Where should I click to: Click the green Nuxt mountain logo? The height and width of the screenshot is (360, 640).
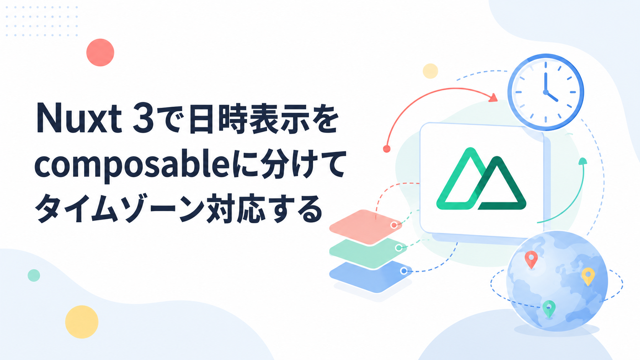(x=481, y=179)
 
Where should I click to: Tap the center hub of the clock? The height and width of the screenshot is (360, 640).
(x=546, y=92)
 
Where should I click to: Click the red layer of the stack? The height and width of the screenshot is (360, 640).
(x=366, y=227)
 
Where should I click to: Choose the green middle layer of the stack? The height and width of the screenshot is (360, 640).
(x=368, y=252)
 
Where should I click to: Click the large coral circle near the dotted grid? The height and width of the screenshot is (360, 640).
(x=100, y=52)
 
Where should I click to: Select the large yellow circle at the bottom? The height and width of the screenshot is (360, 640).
(x=82, y=322)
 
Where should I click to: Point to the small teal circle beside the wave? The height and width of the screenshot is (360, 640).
(x=34, y=275)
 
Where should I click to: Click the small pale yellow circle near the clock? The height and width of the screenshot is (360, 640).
(x=430, y=71)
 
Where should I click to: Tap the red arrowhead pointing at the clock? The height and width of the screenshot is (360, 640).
(x=493, y=98)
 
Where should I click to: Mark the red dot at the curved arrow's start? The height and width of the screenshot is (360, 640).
(x=387, y=149)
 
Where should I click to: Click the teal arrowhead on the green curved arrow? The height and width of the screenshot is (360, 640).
(x=583, y=161)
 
